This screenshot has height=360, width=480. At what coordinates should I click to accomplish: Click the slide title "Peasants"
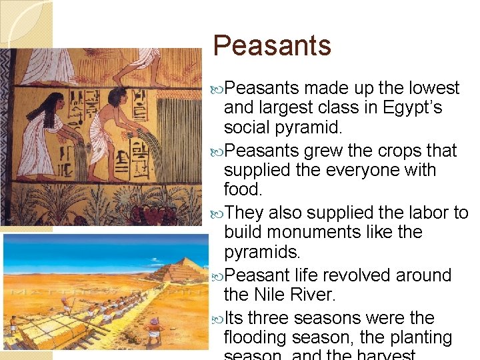pos(272,46)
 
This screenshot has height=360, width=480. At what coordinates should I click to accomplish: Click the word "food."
pos(243,189)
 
